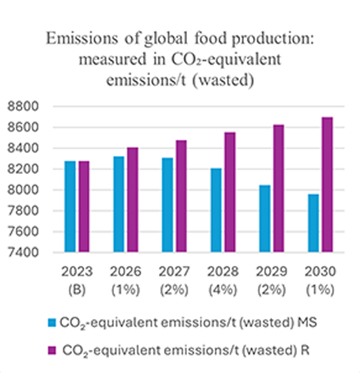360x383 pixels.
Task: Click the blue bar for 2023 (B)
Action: pyautogui.click(x=70, y=206)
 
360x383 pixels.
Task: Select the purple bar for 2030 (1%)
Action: pyautogui.click(x=327, y=185)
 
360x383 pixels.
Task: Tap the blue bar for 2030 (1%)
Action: pyautogui.click(x=313, y=223)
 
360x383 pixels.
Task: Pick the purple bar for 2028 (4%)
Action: pyautogui.click(x=230, y=192)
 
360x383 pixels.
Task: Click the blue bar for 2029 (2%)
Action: pyautogui.click(x=265, y=218)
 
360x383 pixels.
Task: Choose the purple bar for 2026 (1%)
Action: pyautogui.click(x=132, y=200)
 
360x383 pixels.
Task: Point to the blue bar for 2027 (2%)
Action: pyautogui.click(x=167, y=205)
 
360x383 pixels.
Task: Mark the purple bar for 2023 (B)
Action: pyautogui.click(x=84, y=206)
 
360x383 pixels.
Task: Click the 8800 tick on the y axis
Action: pyautogui.click(x=23, y=107)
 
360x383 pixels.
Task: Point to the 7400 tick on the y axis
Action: pyautogui.click(x=23, y=252)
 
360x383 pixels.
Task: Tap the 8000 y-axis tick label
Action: pyautogui.click(x=23, y=190)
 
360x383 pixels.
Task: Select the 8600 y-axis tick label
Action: pyautogui.click(x=23, y=128)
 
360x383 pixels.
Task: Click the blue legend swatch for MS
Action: pyautogui.click(x=52, y=322)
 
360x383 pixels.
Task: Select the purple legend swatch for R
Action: pyautogui.click(x=53, y=350)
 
